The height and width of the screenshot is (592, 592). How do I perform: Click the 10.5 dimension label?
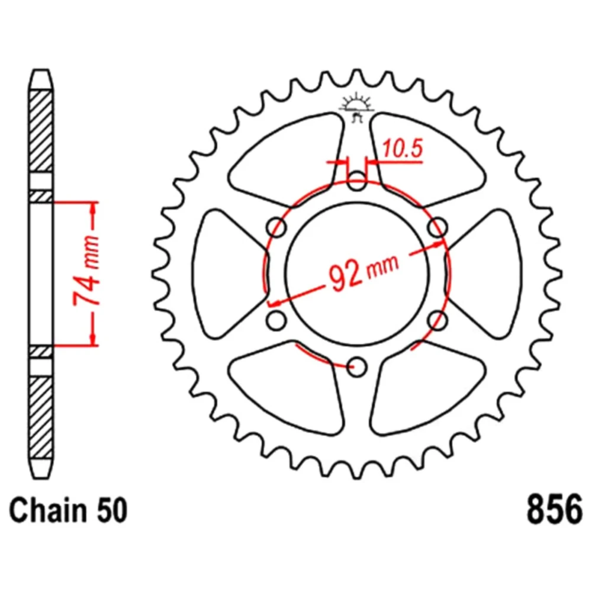click(x=403, y=149)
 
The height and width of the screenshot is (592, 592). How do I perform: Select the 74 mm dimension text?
click(x=86, y=271)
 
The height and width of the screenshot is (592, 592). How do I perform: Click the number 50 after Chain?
click(x=112, y=510)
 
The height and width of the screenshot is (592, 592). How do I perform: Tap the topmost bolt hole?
click(x=357, y=181)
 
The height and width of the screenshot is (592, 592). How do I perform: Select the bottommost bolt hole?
click(x=357, y=366)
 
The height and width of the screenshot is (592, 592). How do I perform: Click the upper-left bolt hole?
click(x=276, y=227)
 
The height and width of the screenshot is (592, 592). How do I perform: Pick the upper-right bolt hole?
click(x=437, y=227)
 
